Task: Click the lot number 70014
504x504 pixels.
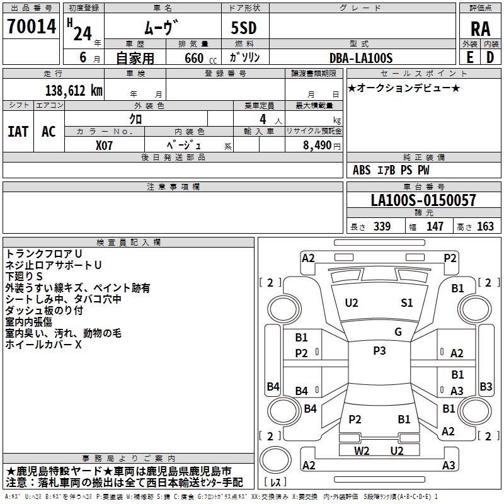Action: pos(31,26)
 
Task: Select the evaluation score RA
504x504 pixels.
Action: pos(480,29)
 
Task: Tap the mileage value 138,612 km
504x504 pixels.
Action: pos(74,91)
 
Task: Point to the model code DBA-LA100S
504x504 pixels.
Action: pos(361,58)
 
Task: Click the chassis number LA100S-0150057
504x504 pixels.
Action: pos(423,200)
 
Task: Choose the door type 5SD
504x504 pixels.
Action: pos(244,28)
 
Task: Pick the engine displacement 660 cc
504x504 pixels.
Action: pos(200,58)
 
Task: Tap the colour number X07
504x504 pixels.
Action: pos(104,146)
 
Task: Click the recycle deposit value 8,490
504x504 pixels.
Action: pos(317,146)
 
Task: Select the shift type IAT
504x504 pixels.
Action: pos(18,132)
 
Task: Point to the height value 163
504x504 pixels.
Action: pos(485,226)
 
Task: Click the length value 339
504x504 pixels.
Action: pos(382,226)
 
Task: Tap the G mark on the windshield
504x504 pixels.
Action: pos(398,331)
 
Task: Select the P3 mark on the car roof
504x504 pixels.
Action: pos(379,350)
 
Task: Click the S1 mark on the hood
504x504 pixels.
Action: pos(406,302)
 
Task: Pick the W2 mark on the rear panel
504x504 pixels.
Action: pos(362,450)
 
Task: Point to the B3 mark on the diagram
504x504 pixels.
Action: pos(486,386)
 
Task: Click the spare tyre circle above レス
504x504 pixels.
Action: pos(275,459)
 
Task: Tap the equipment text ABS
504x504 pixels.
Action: pos(362,170)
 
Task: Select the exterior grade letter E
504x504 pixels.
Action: pos(469,57)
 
